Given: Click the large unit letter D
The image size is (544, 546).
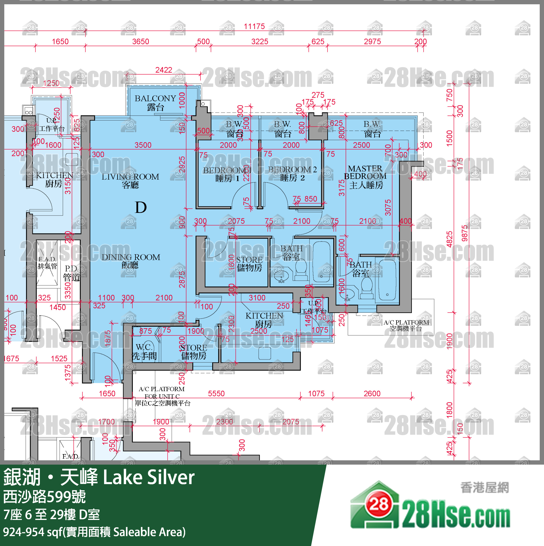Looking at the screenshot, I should click(x=141, y=208).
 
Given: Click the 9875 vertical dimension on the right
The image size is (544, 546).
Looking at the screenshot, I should click(x=465, y=233).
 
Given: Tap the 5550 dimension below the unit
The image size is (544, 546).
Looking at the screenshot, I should click(x=216, y=393).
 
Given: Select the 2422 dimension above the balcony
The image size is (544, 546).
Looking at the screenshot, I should click(x=164, y=70).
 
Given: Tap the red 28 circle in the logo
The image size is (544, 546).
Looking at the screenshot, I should click(x=379, y=504).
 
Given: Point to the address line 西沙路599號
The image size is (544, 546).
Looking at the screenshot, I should click(x=44, y=497).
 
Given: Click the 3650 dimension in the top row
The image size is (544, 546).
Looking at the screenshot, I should click(x=140, y=42).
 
